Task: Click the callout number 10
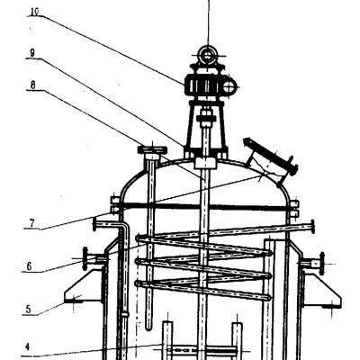click(34, 12)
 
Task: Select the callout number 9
click(32, 53)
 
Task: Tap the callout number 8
click(32, 85)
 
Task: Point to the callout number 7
click(31, 223)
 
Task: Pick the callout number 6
click(29, 266)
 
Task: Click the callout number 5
click(28, 309)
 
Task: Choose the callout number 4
click(27, 347)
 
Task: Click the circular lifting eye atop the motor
click(208, 55)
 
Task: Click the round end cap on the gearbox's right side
click(230, 86)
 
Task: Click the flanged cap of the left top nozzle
click(152, 149)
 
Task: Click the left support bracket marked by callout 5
click(84, 286)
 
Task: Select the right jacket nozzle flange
click(322, 264)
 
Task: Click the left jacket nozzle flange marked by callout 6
click(85, 259)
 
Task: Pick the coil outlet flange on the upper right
click(312, 227)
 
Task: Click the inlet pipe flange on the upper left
click(94, 224)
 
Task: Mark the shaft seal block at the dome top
click(205, 163)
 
